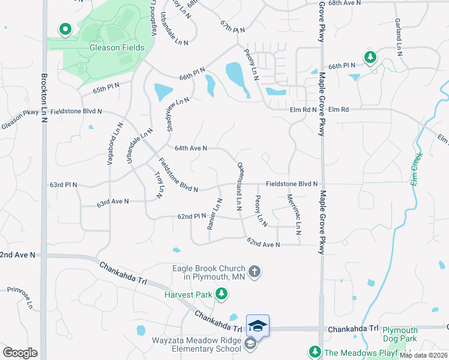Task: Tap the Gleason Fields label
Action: point(116,47)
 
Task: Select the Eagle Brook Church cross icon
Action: point(254,272)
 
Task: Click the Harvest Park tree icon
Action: point(223,293)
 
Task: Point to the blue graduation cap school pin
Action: point(258,325)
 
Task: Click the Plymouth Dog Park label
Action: point(400,334)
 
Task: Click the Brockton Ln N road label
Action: point(44,98)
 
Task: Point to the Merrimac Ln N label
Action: point(294,214)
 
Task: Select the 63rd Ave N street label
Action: point(113,203)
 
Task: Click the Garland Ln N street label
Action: point(398,37)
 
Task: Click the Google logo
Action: point(20,352)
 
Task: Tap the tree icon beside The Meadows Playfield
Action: point(314,352)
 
